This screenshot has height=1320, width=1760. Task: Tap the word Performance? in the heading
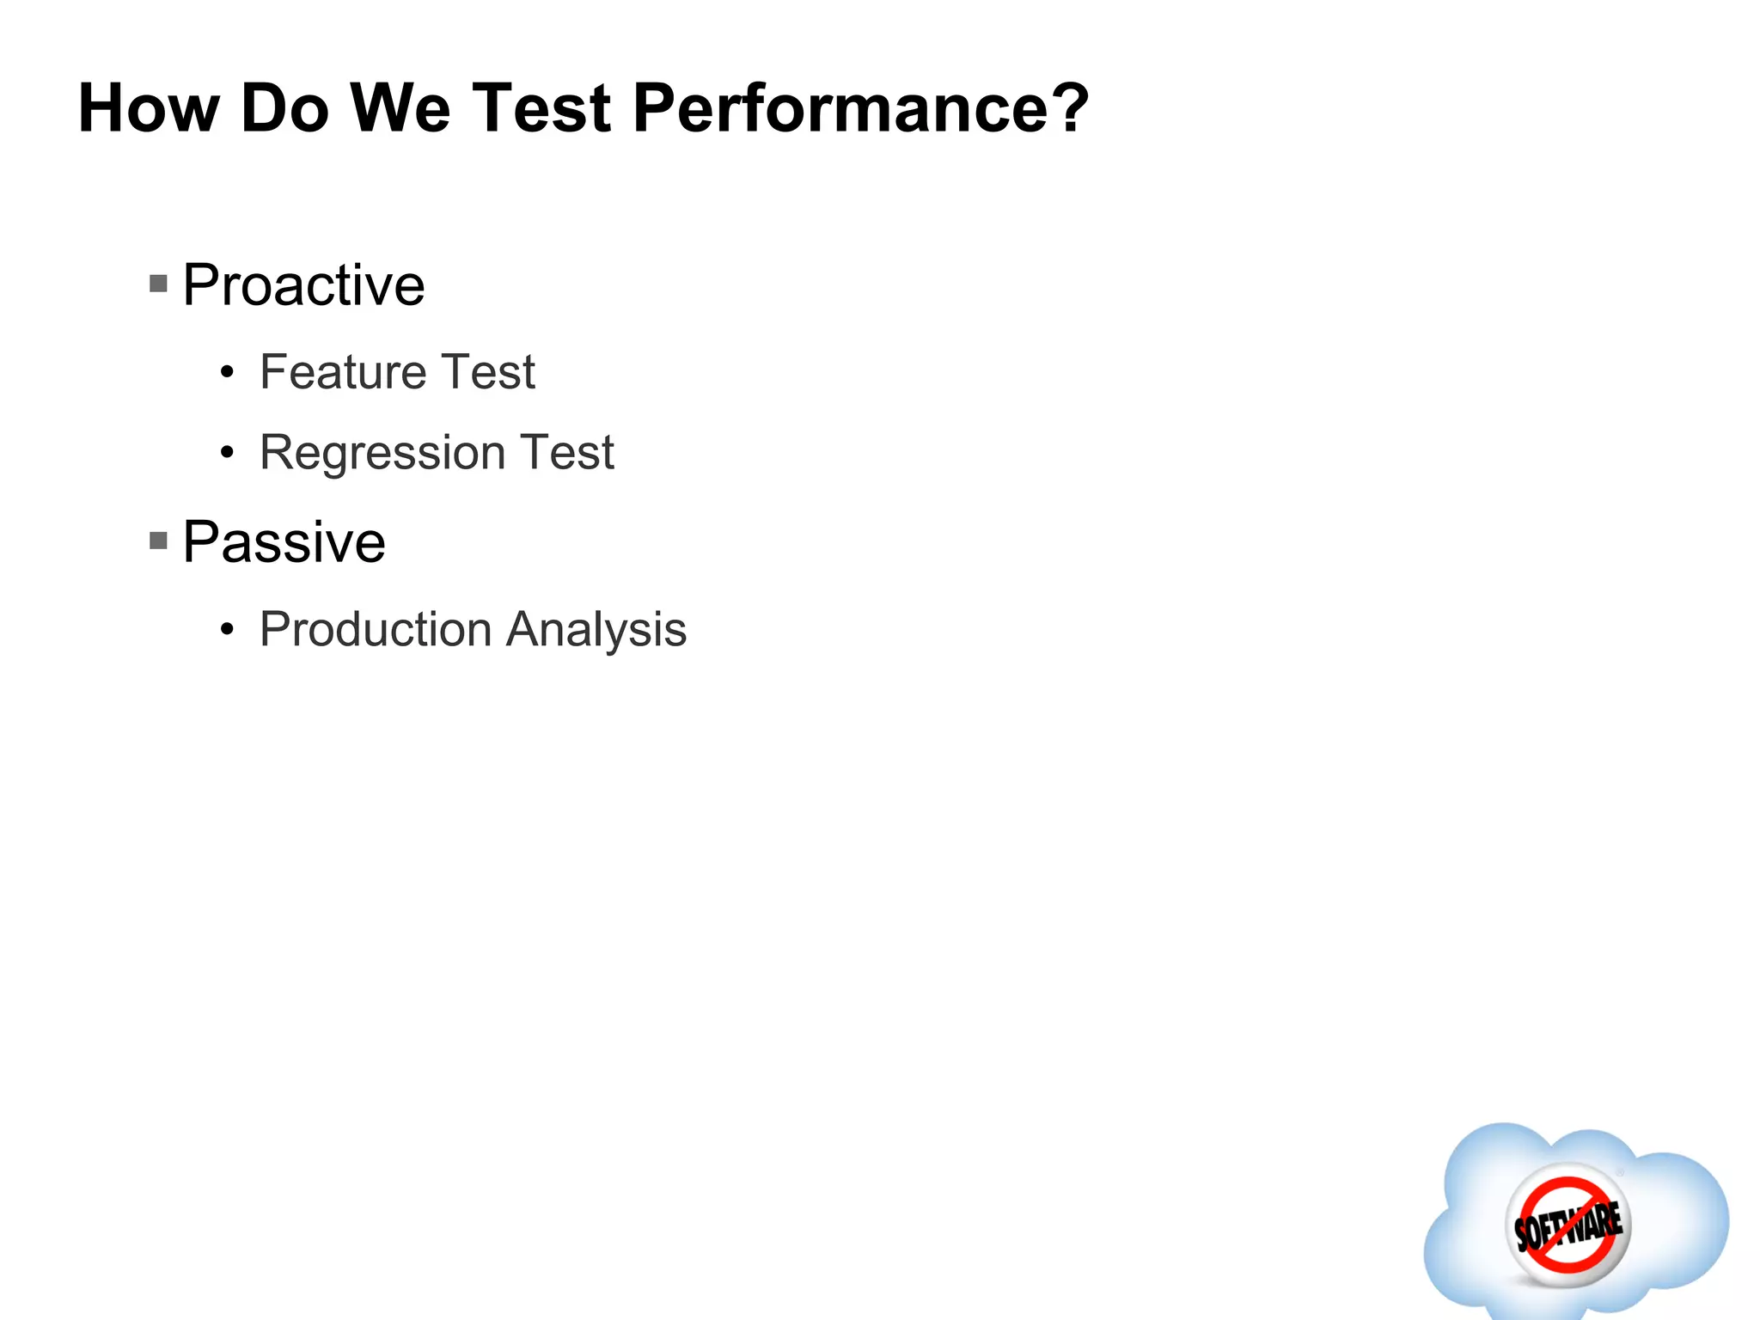pos(861,109)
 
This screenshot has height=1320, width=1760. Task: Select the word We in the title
pos(400,109)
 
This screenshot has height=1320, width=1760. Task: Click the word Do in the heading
pos(284,109)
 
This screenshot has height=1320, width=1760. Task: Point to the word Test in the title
pos(541,109)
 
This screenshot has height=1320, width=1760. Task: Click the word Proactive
pos(303,285)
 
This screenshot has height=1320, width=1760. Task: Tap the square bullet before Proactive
pos(158,284)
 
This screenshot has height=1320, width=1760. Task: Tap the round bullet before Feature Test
pos(226,373)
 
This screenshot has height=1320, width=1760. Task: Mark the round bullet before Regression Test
pos(226,452)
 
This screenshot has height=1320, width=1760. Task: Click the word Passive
pos(284,542)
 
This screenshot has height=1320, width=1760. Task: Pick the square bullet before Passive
pos(158,541)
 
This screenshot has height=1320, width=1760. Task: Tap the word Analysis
pos(596,630)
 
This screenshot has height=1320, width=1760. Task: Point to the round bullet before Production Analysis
pos(226,630)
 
